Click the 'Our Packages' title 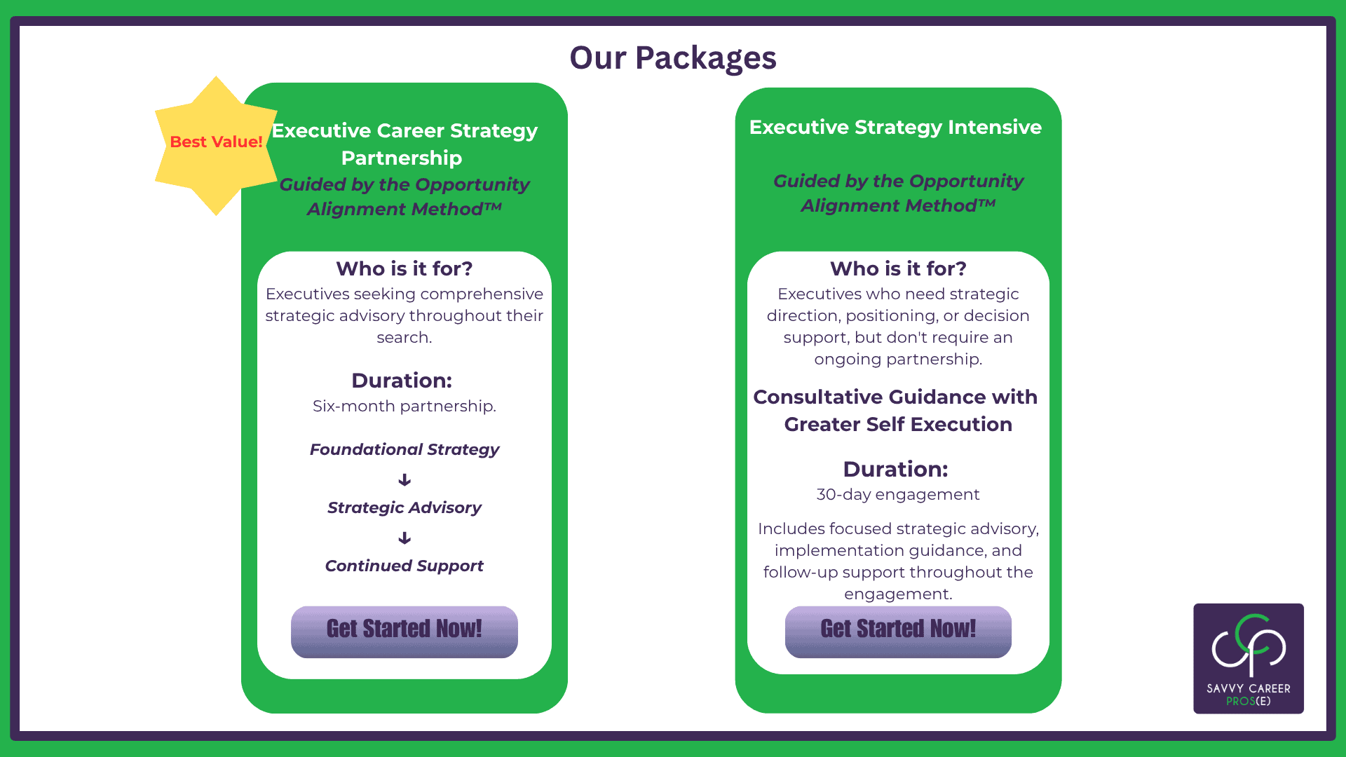click(x=673, y=57)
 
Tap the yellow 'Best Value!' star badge click(x=216, y=146)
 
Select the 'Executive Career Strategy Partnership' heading click(x=404, y=144)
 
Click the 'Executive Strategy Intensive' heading click(x=895, y=127)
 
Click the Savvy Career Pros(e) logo click(x=1249, y=658)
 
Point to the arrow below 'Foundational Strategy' click(x=405, y=479)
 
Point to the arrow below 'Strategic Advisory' click(x=405, y=538)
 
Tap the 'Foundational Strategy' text click(x=405, y=449)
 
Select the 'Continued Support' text click(x=405, y=566)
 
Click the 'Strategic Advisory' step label click(x=405, y=507)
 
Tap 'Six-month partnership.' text click(x=405, y=406)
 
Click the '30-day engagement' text click(x=898, y=494)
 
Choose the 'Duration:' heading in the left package click(x=402, y=380)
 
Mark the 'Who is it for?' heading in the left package click(x=405, y=268)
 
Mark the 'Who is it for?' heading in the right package click(x=898, y=268)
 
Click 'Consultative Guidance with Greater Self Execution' click(x=896, y=410)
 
